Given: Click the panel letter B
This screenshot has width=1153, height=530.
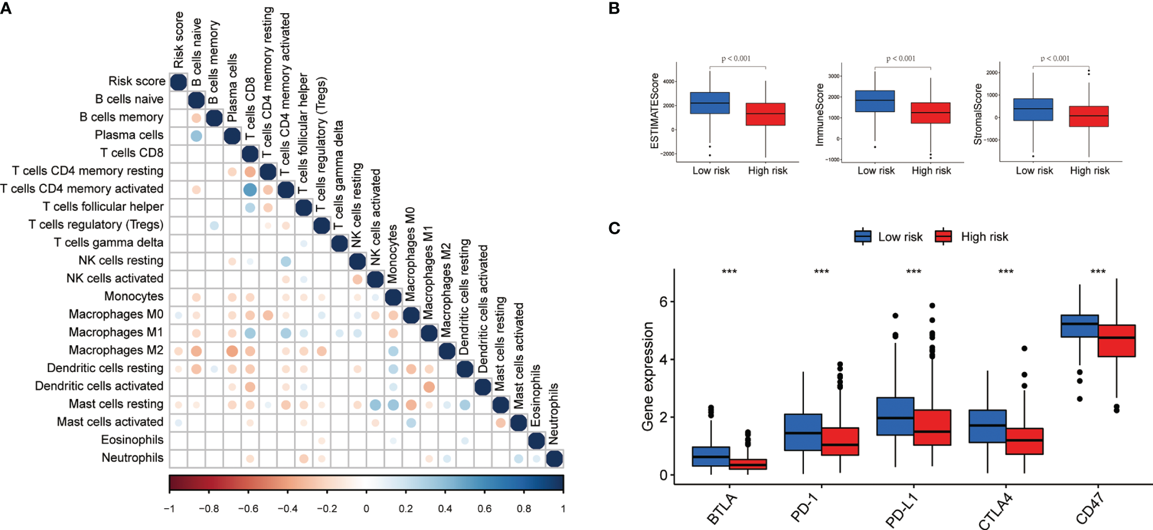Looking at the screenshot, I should point(614,9).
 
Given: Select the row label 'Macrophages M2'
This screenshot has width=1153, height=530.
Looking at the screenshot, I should point(116,350).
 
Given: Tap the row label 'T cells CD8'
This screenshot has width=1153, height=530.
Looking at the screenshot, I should point(131,153).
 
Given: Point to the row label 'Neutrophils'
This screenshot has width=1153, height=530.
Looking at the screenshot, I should point(132,458).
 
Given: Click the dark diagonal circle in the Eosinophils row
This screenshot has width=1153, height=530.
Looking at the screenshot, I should point(536,441).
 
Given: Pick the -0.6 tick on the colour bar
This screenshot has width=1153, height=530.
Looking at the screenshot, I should point(248,509).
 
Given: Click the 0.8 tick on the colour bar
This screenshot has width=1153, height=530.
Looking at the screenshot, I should point(524,509).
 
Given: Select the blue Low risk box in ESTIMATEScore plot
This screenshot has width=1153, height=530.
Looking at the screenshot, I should point(710,103).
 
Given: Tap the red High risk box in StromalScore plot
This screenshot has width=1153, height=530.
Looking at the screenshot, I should point(1089,116).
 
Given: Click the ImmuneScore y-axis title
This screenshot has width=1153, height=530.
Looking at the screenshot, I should point(819,114).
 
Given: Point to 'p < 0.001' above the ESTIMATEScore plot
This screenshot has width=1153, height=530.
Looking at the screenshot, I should point(736,59).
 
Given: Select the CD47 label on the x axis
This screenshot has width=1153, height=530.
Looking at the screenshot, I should point(1089,508).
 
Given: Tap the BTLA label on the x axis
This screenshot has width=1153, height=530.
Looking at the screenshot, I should point(721,509).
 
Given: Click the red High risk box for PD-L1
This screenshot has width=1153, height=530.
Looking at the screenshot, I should point(932,427).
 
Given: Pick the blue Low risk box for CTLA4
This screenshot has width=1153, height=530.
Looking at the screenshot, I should point(988,426).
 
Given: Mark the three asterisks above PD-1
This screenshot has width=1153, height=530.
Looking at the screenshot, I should point(821,272).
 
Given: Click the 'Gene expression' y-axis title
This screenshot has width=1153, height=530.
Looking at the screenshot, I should point(648,376).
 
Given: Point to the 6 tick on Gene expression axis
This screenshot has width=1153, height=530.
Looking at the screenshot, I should point(663,302).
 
